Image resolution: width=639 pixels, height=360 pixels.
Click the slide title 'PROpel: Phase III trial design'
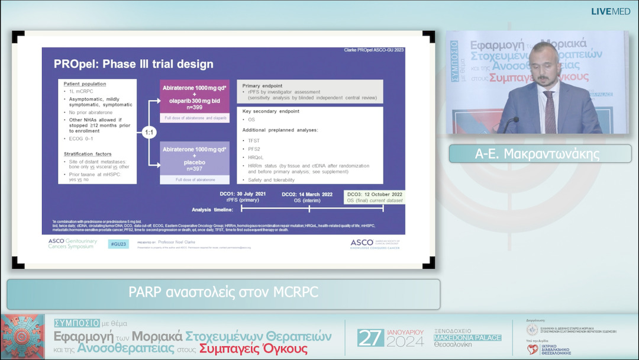[133, 64]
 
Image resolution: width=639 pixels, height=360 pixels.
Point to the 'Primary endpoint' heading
[263, 86]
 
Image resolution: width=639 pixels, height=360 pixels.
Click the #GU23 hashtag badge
[119, 244]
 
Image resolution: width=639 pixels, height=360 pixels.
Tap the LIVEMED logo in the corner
[611, 11]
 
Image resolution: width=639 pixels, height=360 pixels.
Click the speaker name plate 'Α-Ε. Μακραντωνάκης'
[537, 154]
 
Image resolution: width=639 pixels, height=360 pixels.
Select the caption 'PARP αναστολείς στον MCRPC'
[224, 292]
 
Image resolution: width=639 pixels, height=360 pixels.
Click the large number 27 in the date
[371, 338]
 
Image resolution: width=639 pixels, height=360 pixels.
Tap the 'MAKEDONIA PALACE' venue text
[467, 337]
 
